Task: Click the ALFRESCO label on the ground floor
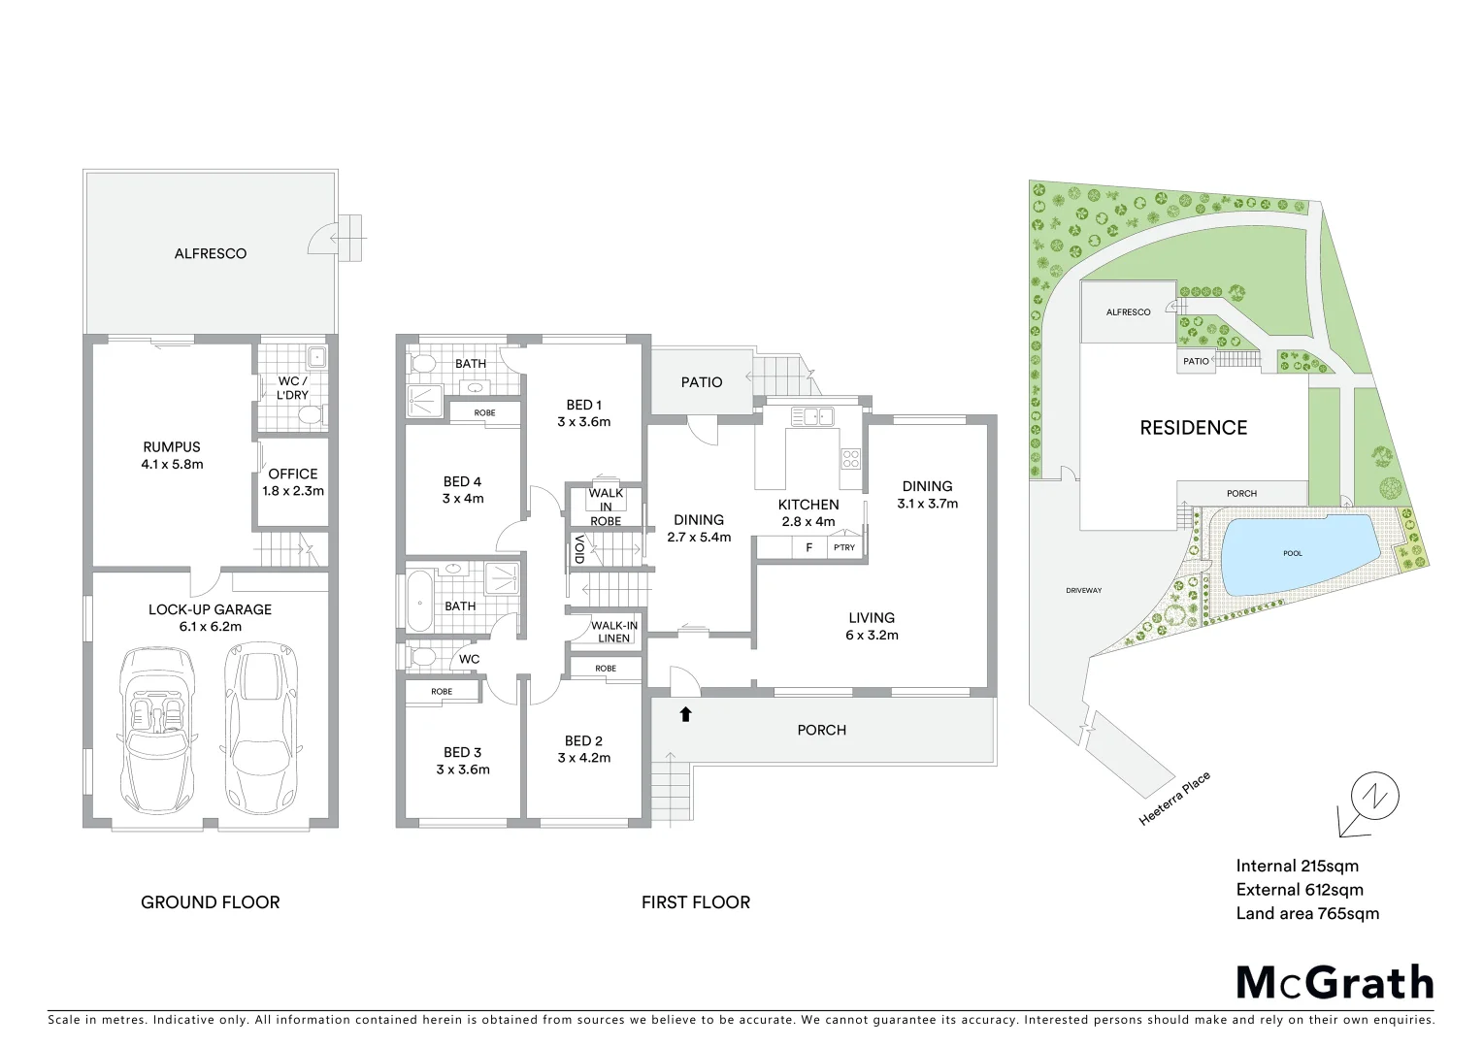point(211,253)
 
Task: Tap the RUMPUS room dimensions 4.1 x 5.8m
point(172,465)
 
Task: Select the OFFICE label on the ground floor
point(293,474)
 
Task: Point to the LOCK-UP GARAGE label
point(211,609)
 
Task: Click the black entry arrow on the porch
point(685,715)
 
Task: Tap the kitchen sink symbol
point(813,417)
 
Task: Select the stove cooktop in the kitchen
point(850,458)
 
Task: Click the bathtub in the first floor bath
point(418,602)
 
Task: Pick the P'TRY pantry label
point(844,548)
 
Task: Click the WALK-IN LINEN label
point(615,631)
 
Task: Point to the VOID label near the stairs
point(579,550)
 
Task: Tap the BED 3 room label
point(463,752)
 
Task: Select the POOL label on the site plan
point(1293,553)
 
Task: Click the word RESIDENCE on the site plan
point(1193,427)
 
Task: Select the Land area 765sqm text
point(1307,913)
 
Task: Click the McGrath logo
point(1335,983)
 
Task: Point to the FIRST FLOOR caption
point(696,902)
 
